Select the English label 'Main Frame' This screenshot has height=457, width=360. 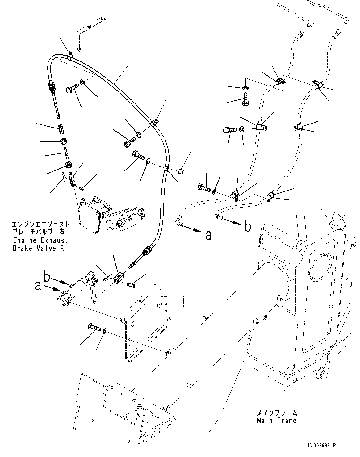coord(276,421)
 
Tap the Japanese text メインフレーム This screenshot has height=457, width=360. coord(277,413)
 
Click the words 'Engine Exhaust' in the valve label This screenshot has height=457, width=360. coord(40,241)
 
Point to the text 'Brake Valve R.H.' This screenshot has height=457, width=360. coord(43,249)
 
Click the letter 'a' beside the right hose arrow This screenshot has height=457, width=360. coord(209,235)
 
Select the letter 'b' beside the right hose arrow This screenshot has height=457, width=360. coord(248,227)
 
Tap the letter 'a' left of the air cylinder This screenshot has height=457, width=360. coord(38,286)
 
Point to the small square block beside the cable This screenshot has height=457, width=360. coord(182,170)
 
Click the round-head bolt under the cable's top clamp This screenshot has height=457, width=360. coord(70,90)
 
